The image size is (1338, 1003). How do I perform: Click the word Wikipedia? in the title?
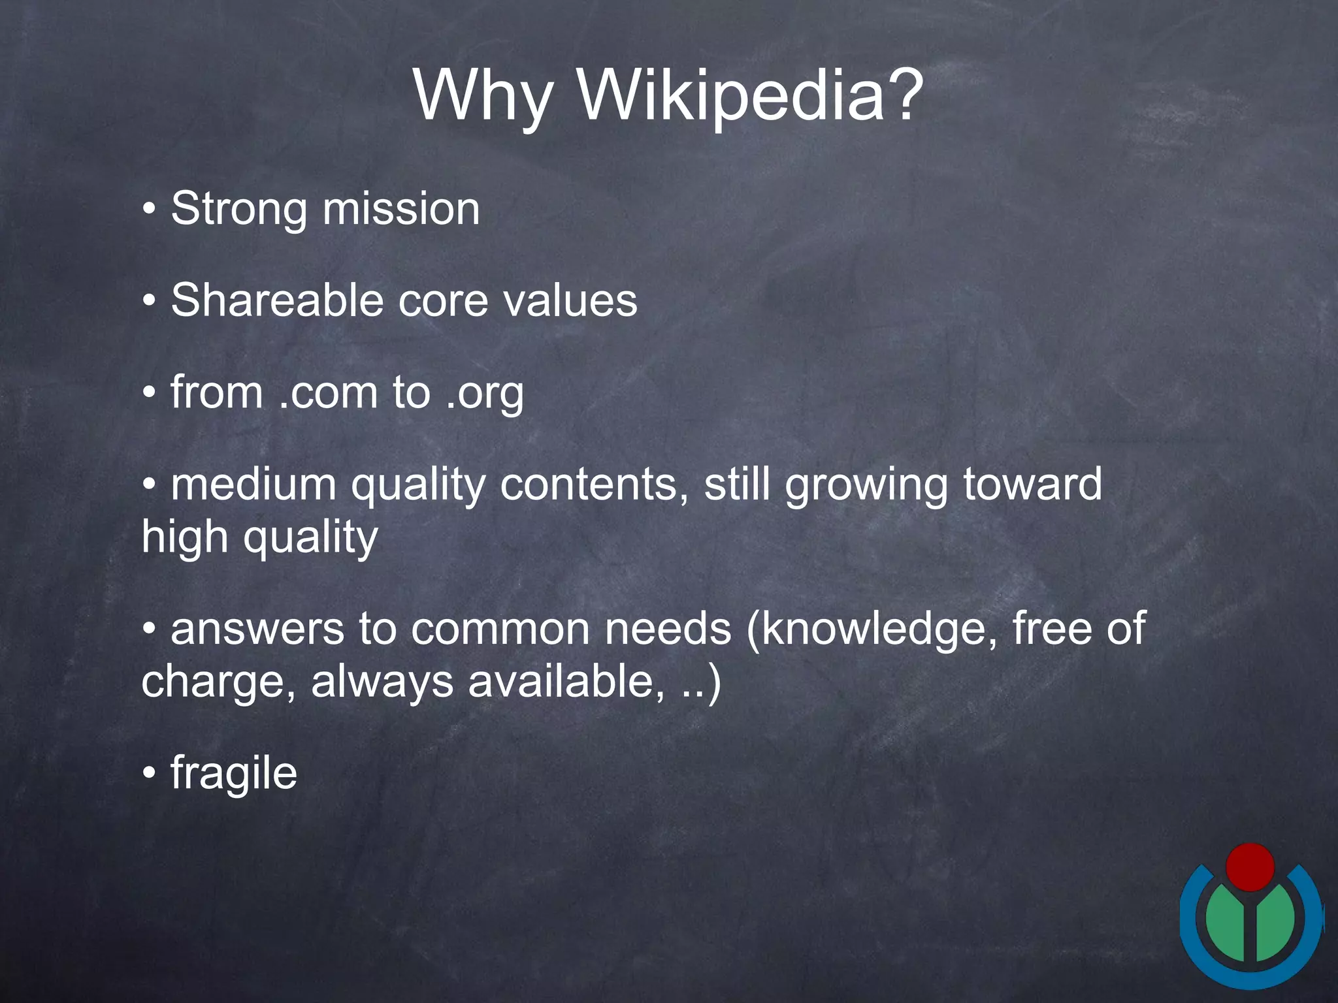pos(751,96)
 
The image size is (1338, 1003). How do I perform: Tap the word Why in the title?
pos(483,96)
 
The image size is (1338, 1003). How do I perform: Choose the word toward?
pos(1032,485)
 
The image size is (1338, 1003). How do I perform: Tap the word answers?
pos(257,629)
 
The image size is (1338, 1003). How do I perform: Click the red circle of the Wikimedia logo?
pos(1250,867)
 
